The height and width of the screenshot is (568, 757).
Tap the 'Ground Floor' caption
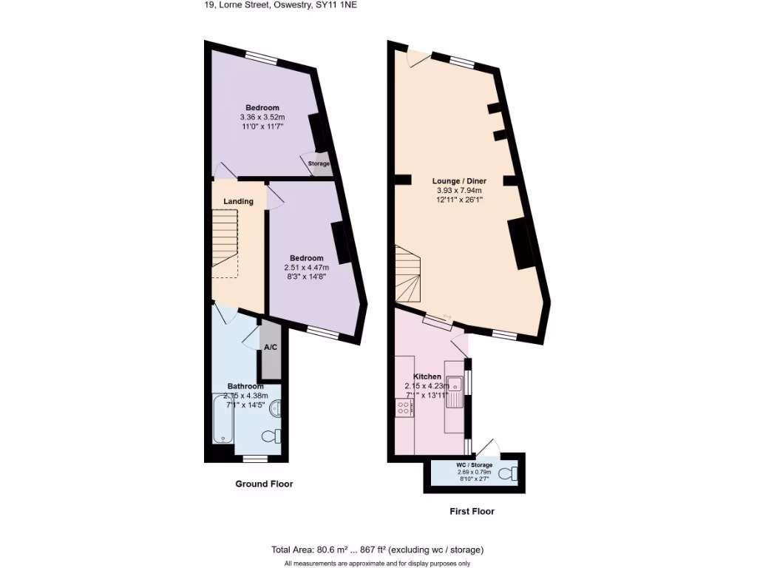pyautogui.click(x=264, y=484)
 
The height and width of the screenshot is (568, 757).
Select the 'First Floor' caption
pyautogui.click(x=472, y=511)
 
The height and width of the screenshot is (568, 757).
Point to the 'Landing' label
pyautogui.click(x=239, y=201)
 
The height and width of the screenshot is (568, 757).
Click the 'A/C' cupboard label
pyautogui.click(x=271, y=348)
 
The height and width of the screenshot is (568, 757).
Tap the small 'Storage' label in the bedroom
pyautogui.click(x=319, y=163)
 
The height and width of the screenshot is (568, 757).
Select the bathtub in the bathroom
pyautogui.click(x=223, y=419)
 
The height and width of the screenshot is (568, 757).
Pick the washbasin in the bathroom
pyautogui.click(x=276, y=408)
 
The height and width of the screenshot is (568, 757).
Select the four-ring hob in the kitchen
pyautogui.click(x=404, y=407)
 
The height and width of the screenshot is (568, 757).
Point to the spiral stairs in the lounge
pyautogui.click(x=409, y=274)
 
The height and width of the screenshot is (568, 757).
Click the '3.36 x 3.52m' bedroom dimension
pyautogui.click(x=262, y=117)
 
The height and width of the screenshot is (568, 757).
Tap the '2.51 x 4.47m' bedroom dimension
pyautogui.click(x=307, y=267)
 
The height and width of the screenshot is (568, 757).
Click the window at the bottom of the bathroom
pyautogui.click(x=255, y=459)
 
